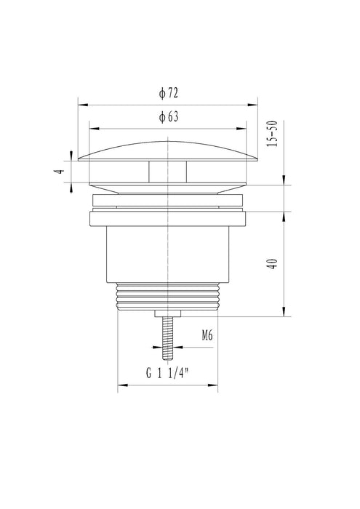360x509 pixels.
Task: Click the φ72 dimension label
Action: pos(169,93)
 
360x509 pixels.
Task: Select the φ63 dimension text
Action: pos(169,116)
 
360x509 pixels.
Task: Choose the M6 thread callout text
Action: pos(207,336)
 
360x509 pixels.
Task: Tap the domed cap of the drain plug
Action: pos(169,149)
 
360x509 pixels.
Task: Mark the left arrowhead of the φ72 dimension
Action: pos(79,103)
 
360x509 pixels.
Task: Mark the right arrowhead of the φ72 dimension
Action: pos(258,103)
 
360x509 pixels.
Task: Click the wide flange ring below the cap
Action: pos(169,217)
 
